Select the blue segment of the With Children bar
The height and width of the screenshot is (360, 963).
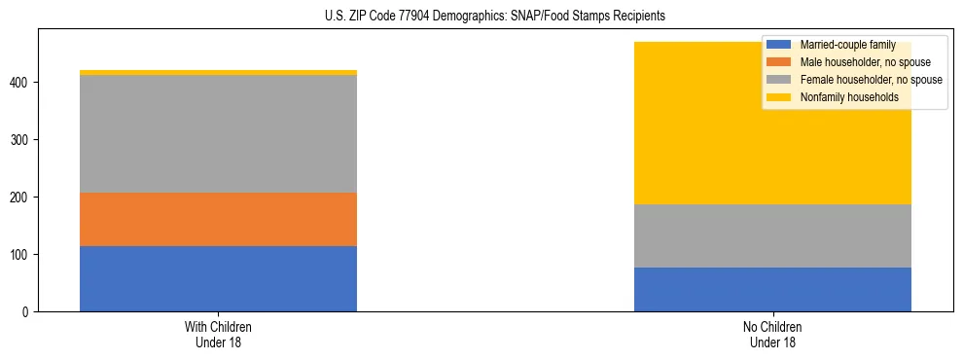tap(218, 278)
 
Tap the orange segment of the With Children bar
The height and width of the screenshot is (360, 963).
tap(218, 219)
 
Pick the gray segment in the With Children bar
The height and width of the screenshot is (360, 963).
tap(218, 133)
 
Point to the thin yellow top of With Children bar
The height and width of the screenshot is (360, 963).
tap(218, 72)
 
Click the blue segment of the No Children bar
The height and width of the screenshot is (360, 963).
tap(772, 289)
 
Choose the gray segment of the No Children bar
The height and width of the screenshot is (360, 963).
tap(772, 235)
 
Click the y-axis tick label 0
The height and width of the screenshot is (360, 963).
tap(28, 312)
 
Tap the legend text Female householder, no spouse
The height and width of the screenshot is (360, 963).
tap(869, 80)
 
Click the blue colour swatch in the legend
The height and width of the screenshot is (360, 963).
tap(779, 45)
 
